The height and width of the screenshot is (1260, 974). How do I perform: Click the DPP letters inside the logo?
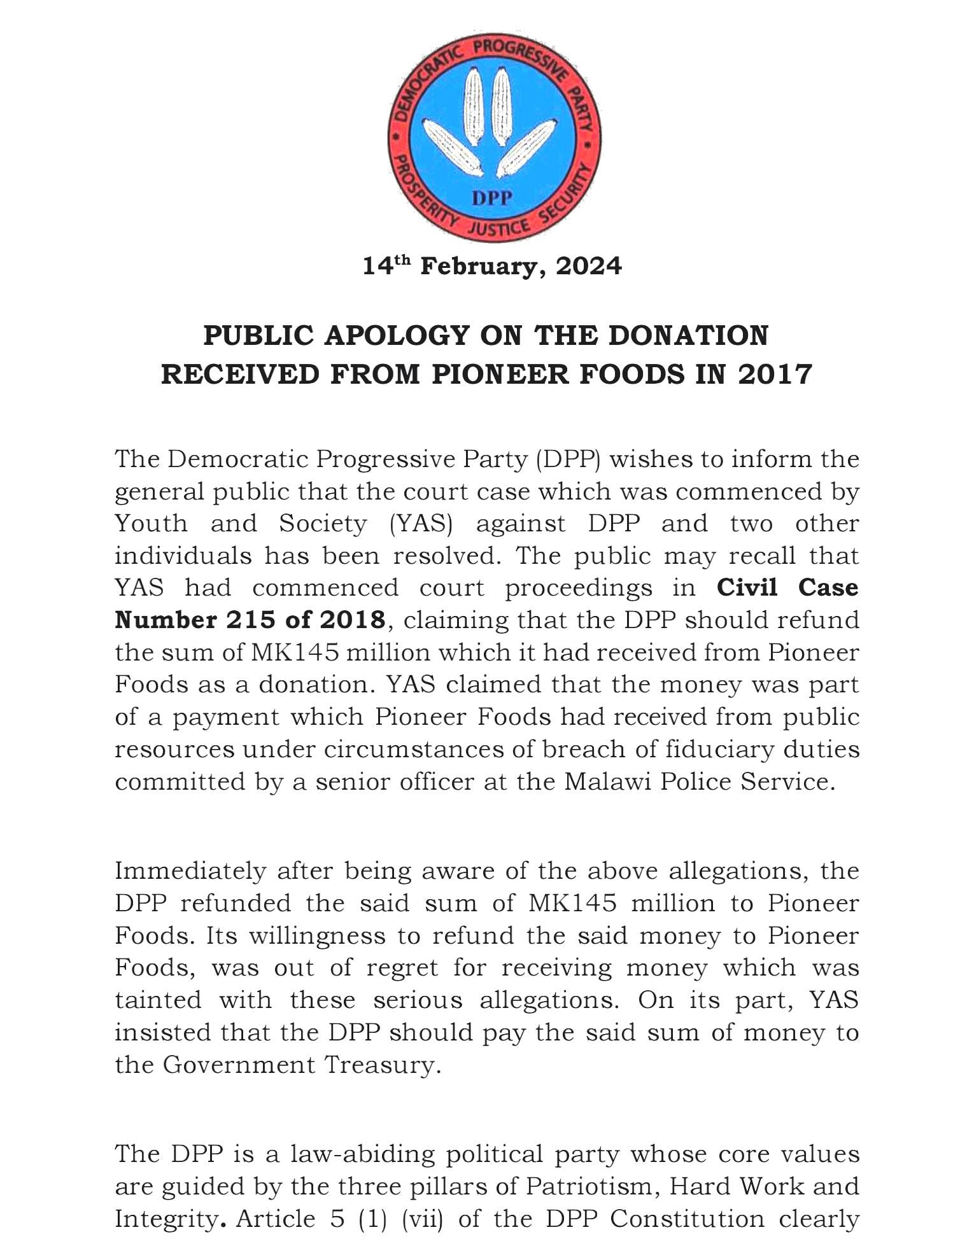[x=491, y=198]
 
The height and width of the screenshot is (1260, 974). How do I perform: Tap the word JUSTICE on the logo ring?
[x=498, y=228]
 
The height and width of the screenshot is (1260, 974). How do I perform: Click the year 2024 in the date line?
[x=589, y=266]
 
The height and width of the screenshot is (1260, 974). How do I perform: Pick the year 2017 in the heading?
[x=775, y=374]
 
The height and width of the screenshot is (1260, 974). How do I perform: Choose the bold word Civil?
[x=747, y=587]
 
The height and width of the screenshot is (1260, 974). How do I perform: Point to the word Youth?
[x=152, y=524]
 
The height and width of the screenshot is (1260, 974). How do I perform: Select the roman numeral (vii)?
[x=423, y=1219]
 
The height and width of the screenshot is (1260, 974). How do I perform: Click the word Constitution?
[x=687, y=1219]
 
